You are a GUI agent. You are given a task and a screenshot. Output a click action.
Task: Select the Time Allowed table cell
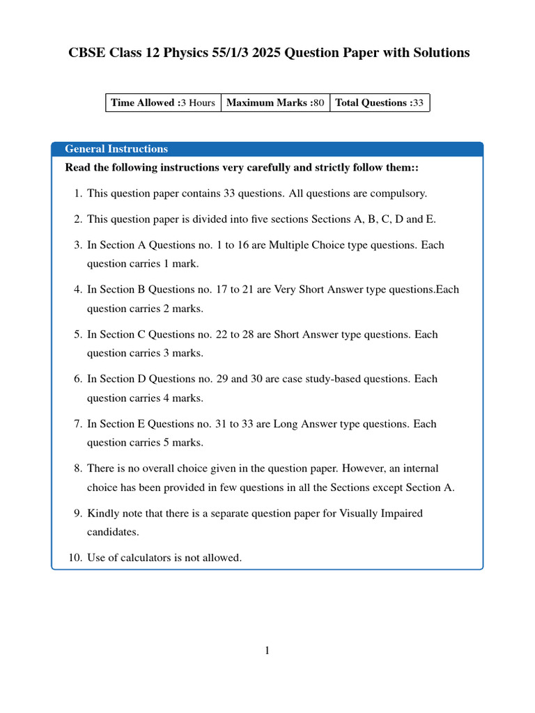click(163, 103)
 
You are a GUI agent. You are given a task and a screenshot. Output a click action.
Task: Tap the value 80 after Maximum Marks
click(318, 103)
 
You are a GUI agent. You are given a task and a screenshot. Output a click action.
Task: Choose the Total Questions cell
click(380, 103)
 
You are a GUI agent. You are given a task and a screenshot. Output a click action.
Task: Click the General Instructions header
click(116, 149)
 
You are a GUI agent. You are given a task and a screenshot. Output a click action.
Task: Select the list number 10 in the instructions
click(75, 558)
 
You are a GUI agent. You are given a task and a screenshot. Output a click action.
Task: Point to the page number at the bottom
click(267, 651)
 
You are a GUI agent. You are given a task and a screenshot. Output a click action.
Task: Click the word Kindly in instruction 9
click(102, 513)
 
